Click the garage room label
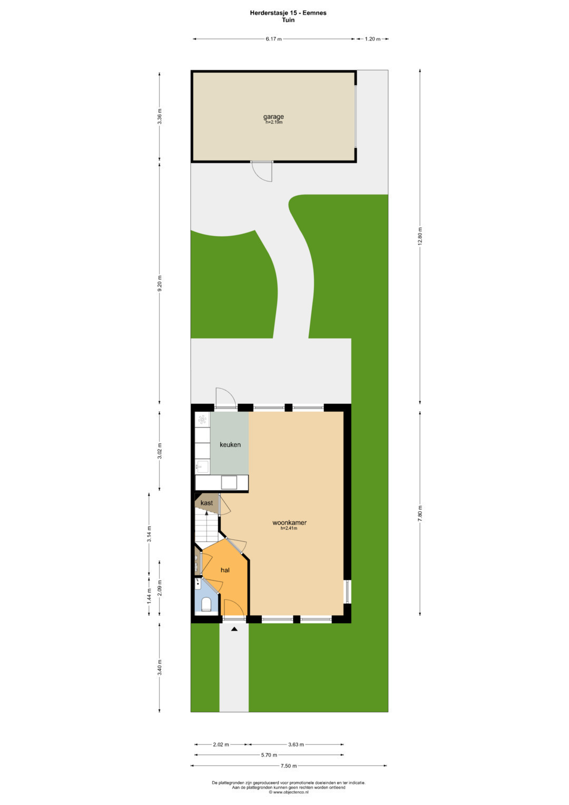point(273,117)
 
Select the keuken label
point(230,444)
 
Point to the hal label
point(225,570)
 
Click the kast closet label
point(207,503)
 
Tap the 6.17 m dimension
point(273,39)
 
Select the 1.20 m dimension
point(372,39)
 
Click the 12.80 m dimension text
point(420,236)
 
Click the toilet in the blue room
point(206,604)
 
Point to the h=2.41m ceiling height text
point(289,528)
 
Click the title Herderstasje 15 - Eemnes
point(288,13)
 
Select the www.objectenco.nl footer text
point(288,792)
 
